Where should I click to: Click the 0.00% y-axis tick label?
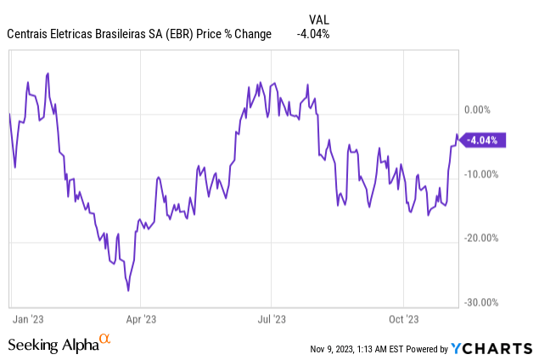click(477, 110)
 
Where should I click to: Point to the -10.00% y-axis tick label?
click(481, 174)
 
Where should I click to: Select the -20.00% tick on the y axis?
click(481, 238)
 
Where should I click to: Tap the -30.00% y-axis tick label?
click(481, 302)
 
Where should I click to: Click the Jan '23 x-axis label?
click(28, 319)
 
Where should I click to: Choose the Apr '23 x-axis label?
click(141, 319)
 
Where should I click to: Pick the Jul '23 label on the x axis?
click(272, 319)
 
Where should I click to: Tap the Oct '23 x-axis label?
click(403, 319)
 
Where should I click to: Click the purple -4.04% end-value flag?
click(483, 140)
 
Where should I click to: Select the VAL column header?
click(319, 20)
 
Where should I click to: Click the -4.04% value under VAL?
click(313, 34)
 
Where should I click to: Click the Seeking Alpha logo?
click(59, 344)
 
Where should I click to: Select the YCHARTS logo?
click(491, 348)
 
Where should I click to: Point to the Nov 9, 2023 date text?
click(332, 349)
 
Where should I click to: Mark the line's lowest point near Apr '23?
click(128, 290)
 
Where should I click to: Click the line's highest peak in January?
click(48, 73)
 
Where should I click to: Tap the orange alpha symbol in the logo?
click(105, 339)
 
